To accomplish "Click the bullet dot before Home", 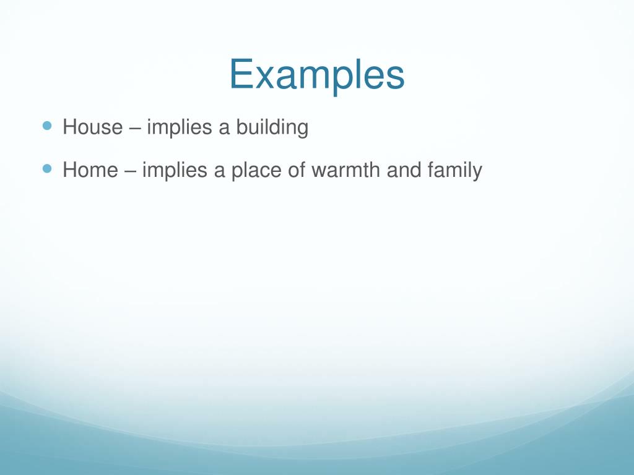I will (x=48, y=168).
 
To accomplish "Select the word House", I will (x=93, y=127).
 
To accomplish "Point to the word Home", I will (x=90, y=169).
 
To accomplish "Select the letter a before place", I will (x=219, y=171).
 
